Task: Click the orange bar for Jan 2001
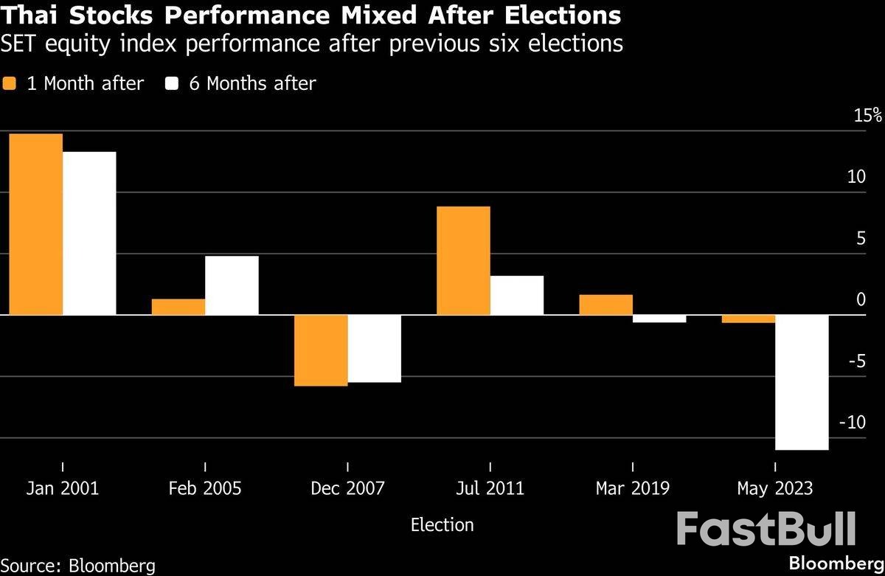35,224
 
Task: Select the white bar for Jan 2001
89,233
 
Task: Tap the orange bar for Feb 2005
178,307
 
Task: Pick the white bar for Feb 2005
232,285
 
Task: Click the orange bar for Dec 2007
321,350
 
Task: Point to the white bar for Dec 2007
374,348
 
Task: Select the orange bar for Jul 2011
463,260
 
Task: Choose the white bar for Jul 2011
517,295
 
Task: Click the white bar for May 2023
802,382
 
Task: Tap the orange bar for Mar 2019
605,305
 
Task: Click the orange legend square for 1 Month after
9,83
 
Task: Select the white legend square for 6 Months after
172,83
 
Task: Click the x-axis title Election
442,525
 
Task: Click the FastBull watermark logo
766,530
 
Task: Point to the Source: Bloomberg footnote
78,566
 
